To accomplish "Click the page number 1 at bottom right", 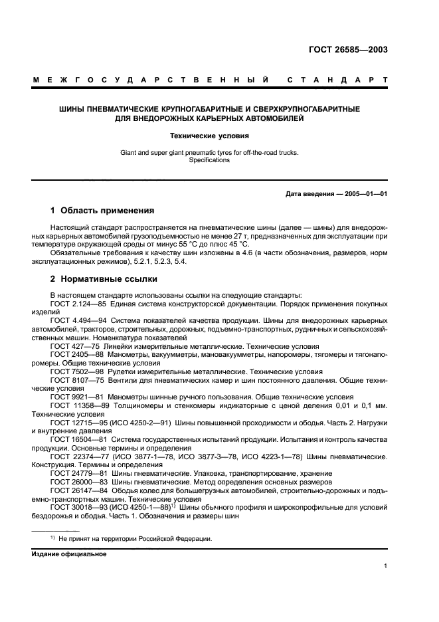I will coord(385,566).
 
